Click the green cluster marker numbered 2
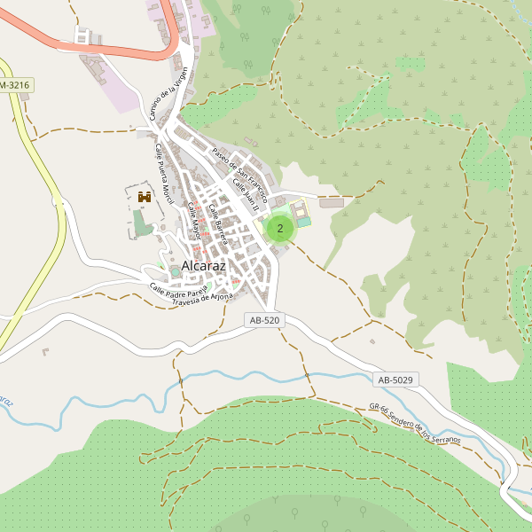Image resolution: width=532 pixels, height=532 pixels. pos(280,228)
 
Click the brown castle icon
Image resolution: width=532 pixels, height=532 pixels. pos(144,197)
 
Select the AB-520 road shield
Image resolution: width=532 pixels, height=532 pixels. pos(265,320)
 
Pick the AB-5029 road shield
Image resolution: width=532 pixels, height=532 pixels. pos(395,379)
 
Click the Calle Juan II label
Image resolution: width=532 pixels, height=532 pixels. pos(245,194)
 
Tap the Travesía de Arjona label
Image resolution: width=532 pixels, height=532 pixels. pos(203,298)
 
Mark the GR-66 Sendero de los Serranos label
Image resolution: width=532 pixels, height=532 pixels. pos(414,425)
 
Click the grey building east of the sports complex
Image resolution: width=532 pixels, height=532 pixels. pos(332,203)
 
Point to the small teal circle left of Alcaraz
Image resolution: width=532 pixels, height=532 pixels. pos(161,264)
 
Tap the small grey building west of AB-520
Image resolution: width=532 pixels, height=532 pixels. pos(45,352)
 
